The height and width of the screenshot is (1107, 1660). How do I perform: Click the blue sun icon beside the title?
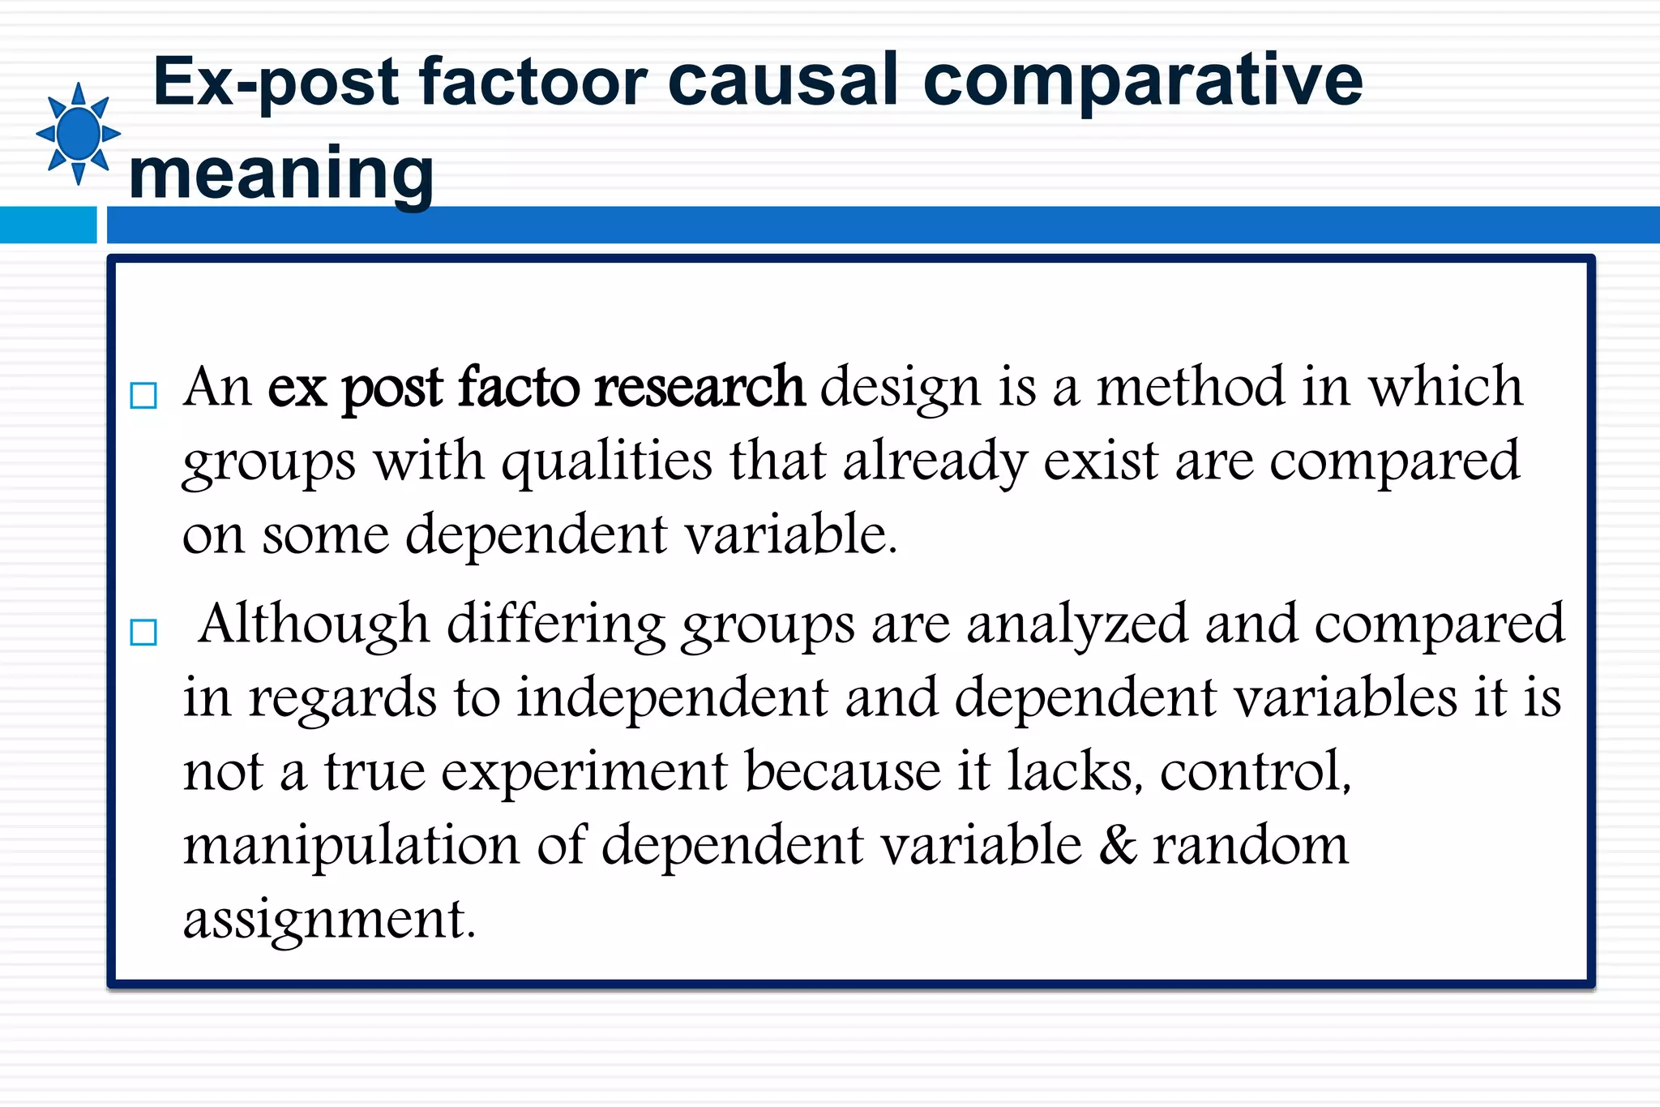[x=78, y=134]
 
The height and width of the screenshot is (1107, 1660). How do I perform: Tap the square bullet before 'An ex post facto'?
[x=143, y=396]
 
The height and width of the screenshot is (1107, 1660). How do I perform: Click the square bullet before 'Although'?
[x=143, y=632]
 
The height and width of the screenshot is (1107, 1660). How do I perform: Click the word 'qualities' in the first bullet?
[x=607, y=461]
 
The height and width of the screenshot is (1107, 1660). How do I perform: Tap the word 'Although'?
[x=314, y=624]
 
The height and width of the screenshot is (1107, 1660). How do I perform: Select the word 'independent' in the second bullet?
[x=673, y=698]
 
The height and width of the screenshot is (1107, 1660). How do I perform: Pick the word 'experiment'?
[x=584, y=772]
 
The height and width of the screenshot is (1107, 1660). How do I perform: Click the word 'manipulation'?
[x=351, y=846]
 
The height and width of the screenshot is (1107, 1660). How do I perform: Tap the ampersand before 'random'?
[x=1119, y=844]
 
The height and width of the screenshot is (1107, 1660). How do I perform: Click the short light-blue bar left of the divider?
[x=48, y=225]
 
